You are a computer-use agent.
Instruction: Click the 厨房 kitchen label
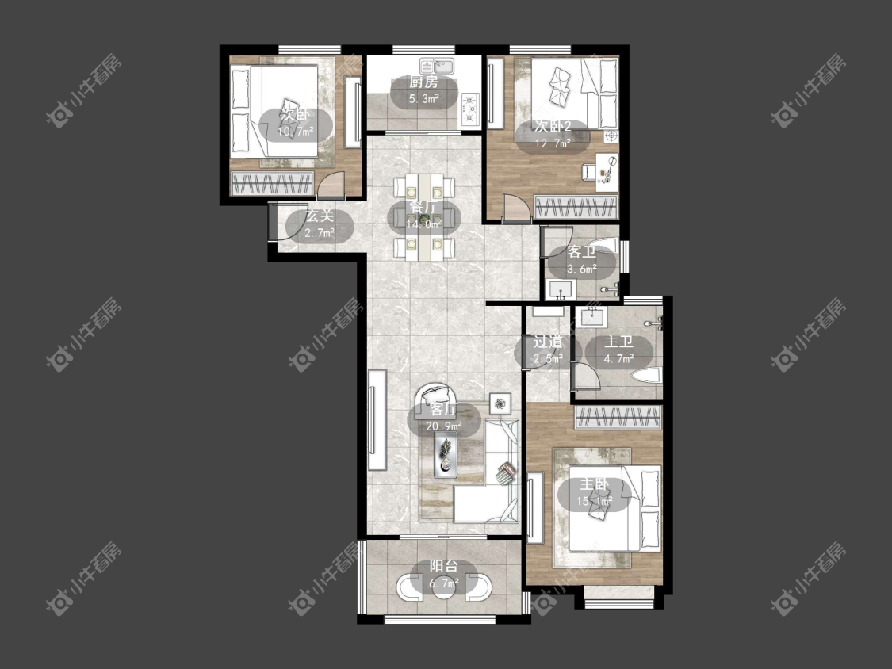pos(424,82)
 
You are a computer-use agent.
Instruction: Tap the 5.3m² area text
pos(424,99)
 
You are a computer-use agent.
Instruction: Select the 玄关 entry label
pos(320,216)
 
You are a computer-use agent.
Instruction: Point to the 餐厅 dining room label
pos(424,207)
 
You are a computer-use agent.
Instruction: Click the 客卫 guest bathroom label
pos(581,252)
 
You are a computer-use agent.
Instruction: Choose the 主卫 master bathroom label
pos(618,342)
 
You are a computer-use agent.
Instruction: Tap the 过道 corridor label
pos(548,342)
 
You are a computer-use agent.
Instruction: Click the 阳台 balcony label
pos(444,566)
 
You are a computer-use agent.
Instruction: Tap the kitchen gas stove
pos(470,108)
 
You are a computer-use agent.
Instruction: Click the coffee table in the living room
pos(446,454)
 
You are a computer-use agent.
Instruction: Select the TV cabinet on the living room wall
pos(377,420)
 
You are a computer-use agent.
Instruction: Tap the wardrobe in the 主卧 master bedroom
pos(618,418)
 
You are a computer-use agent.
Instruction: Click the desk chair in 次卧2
pos(588,171)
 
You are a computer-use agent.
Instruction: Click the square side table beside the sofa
pos(500,403)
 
